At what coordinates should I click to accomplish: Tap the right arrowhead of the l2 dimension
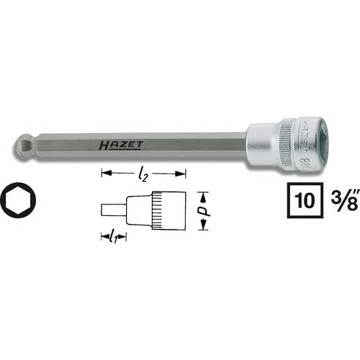point(183,174)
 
